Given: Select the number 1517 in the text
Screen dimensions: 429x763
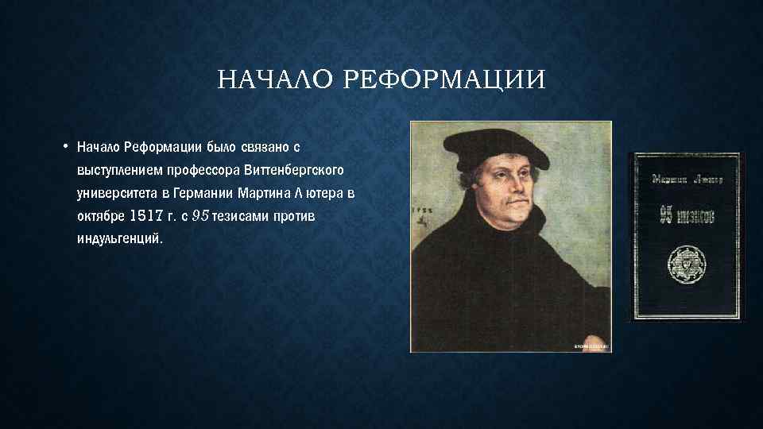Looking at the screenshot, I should click(x=143, y=216).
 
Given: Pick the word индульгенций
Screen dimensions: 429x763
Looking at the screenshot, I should click(x=119, y=239).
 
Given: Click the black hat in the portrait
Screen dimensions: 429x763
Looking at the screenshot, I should click(x=501, y=147).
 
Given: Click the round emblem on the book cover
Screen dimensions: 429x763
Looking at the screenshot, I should click(x=684, y=260).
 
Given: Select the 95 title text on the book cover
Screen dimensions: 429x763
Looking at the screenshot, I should click(x=684, y=214).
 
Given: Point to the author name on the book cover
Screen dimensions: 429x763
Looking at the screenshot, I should click(x=684, y=179).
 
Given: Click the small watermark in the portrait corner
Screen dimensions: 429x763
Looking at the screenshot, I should click(x=590, y=346).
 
